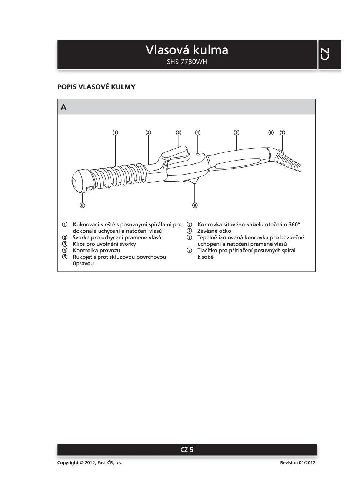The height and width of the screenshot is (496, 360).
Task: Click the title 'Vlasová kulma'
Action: point(187,50)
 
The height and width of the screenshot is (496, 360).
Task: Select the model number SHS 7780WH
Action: point(187,62)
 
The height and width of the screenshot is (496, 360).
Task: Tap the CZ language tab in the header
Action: point(325,54)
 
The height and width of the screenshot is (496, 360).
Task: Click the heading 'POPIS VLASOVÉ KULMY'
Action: point(96,87)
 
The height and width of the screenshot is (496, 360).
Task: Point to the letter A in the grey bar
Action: point(64,107)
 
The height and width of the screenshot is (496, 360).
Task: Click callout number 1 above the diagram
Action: point(116,132)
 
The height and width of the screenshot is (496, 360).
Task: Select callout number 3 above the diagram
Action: point(179,132)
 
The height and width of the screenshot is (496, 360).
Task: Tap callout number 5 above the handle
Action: point(236,132)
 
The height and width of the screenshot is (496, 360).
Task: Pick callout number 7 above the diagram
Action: point(282,132)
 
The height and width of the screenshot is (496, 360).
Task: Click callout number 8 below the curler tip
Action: point(82,205)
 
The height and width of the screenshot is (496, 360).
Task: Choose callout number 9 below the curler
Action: point(195,205)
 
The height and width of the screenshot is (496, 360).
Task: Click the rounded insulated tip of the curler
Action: point(80,181)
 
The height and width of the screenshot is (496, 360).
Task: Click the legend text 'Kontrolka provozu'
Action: point(96,251)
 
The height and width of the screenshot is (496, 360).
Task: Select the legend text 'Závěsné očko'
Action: point(214,231)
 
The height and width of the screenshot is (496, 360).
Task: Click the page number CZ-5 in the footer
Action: point(187,450)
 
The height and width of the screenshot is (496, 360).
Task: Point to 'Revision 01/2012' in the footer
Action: point(298,463)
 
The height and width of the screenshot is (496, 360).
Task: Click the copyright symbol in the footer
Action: point(81,463)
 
